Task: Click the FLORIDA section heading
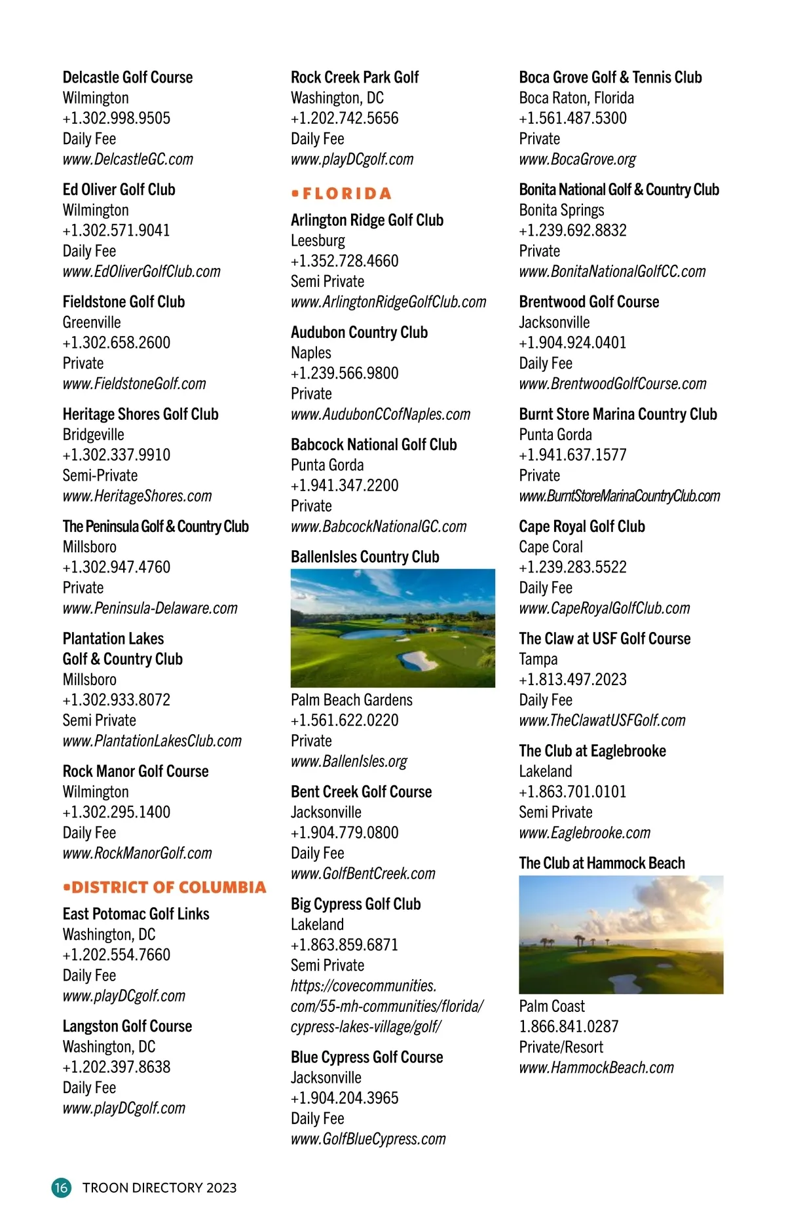coord(341,193)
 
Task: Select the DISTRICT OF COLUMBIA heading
coord(165,887)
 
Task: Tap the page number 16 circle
coord(61,1187)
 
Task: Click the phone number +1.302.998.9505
coord(117,119)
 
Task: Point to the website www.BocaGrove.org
coord(577,159)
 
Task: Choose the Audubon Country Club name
coord(359,333)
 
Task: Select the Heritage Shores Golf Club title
coord(140,414)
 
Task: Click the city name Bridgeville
coord(93,434)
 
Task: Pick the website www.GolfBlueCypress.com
coord(368,1139)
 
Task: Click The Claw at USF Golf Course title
coord(605,639)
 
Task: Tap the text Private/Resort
coord(561,1047)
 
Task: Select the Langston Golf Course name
coord(127,1026)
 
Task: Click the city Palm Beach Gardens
coord(352,700)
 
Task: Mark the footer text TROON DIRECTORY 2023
coord(159,1187)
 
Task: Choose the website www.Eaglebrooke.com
coord(584,832)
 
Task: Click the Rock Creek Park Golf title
coord(354,77)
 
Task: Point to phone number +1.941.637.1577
coord(572,455)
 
